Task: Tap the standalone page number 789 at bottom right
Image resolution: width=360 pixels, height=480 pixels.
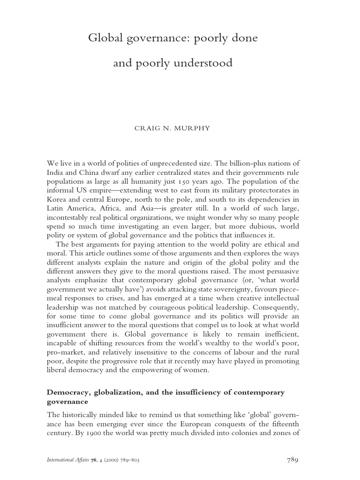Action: [x=292, y=460]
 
